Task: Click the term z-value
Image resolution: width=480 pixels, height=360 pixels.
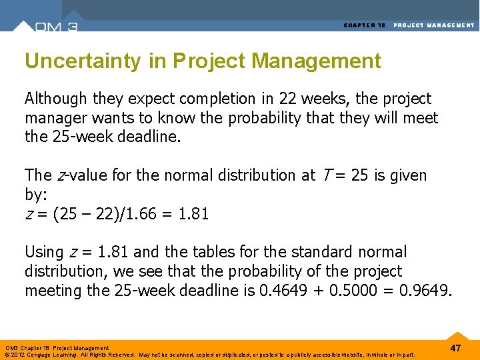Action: pyautogui.click(x=63, y=175)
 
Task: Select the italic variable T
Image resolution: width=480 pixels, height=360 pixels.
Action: pyautogui.click(x=324, y=175)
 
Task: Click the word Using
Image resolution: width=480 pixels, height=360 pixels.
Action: pyautogui.click(x=45, y=252)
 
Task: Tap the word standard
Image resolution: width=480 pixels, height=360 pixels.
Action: pyautogui.click(x=318, y=252)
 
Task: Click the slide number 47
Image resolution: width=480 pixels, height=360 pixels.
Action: pyautogui.click(x=456, y=348)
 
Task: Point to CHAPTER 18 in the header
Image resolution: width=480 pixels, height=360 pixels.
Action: pyautogui.click(x=365, y=25)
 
